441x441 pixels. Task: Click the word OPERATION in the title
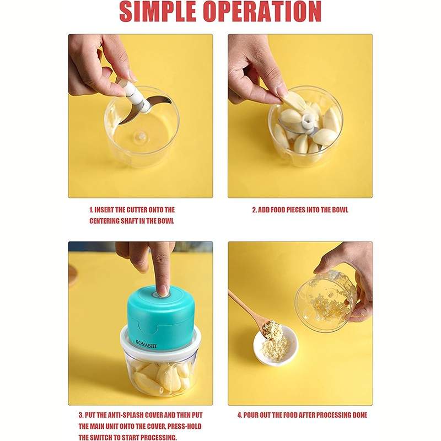(263, 12)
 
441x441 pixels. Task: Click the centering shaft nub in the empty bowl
(141, 137)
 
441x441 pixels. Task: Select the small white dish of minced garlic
(275, 346)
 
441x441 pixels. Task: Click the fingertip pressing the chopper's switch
(163, 291)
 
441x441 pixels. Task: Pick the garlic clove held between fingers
(293, 102)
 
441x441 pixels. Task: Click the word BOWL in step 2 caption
(340, 210)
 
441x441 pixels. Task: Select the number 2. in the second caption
(255, 210)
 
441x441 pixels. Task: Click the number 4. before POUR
(240, 415)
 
